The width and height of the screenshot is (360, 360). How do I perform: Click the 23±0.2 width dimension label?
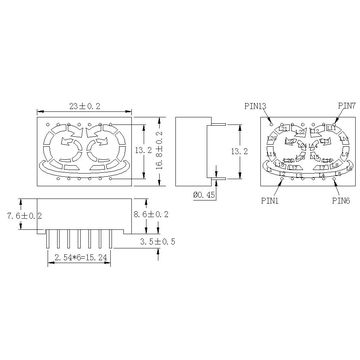pos(85,106)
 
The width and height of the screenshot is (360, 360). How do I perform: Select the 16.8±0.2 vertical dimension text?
pos(159,150)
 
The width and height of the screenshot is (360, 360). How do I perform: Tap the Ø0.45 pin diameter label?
pos(204,195)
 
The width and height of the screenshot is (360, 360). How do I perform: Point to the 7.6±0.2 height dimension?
pos(25,215)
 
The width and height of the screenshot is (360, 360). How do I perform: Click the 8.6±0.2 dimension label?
pos(151,214)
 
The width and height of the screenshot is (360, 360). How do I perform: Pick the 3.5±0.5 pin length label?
pos(158,241)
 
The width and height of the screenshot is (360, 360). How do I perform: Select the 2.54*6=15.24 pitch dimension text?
pos(79,257)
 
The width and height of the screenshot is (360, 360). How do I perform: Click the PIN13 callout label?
pos(255,106)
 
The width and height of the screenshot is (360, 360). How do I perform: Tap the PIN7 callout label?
pos(347,106)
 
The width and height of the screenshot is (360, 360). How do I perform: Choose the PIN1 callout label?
pos(270,201)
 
